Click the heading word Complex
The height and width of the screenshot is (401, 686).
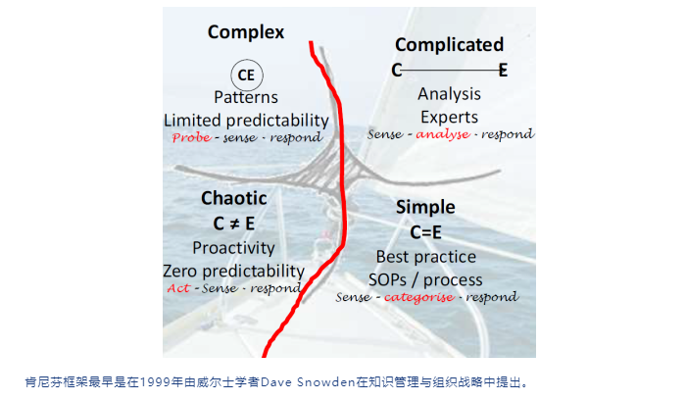pyautogui.click(x=246, y=32)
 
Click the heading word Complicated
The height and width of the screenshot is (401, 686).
pyautogui.click(x=449, y=44)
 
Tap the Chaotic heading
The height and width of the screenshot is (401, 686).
pyautogui.click(x=233, y=198)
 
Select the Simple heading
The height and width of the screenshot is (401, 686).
pyautogui.click(x=425, y=207)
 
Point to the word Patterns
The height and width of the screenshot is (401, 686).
pyautogui.click(x=245, y=97)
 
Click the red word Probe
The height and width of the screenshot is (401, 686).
pyautogui.click(x=190, y=138)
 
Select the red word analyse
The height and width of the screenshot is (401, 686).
pyautogui.click(x=443, y=133)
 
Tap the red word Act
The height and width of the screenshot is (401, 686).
pyautogui.click(x=178, y=288)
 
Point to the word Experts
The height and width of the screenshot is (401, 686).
pyautogui.click(x=449, y=115)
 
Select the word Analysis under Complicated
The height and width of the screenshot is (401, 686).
pyautogui.click(x=449, y=94)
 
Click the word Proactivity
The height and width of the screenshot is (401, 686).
pyautogui.click(x=233, y=247)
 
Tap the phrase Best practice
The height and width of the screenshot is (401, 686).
pyautogui.click(x=425, y=257)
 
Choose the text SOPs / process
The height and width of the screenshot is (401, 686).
pyautogui.click(x=428, y=279)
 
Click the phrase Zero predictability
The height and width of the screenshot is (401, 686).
pyautogui.click(x=233, y=270)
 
